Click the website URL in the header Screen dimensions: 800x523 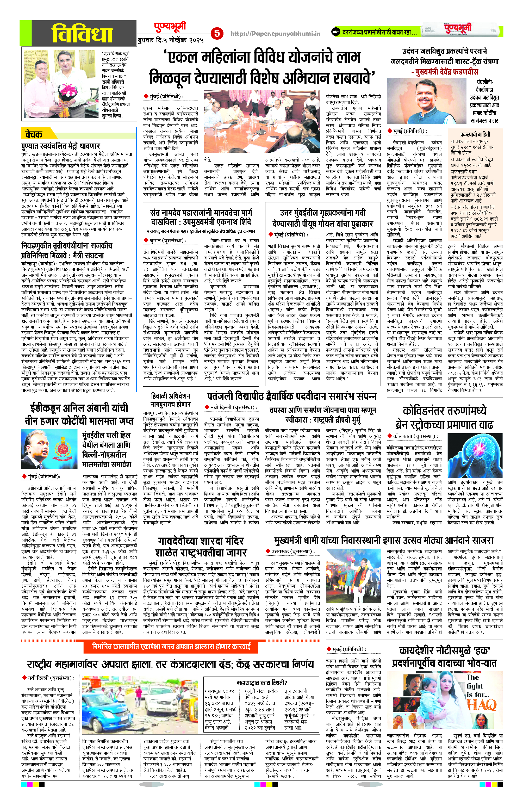(x=275, y=33)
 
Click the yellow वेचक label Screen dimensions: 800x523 (x=34, y=134)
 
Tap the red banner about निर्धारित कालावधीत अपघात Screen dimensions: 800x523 (x=171, y=646)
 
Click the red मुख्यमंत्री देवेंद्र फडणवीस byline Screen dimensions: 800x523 (x=444, y=72)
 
